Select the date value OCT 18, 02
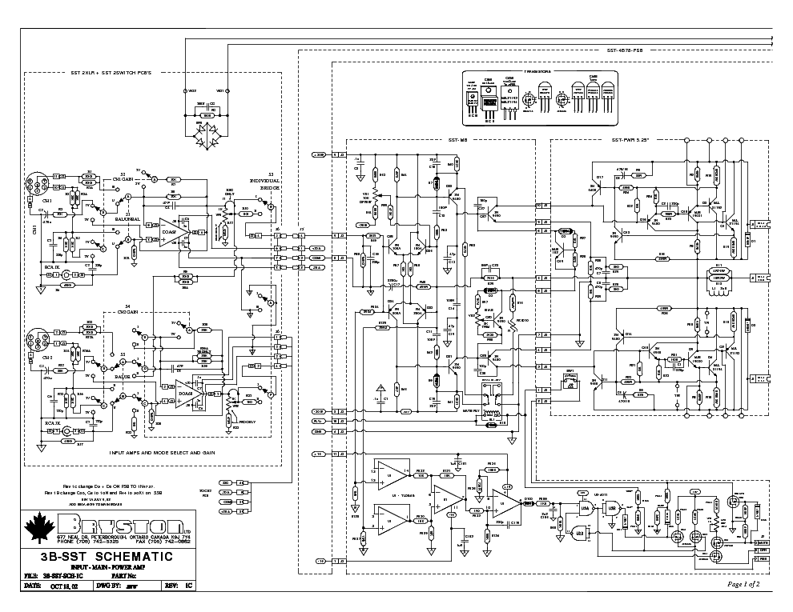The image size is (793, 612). tap(67, 586)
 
